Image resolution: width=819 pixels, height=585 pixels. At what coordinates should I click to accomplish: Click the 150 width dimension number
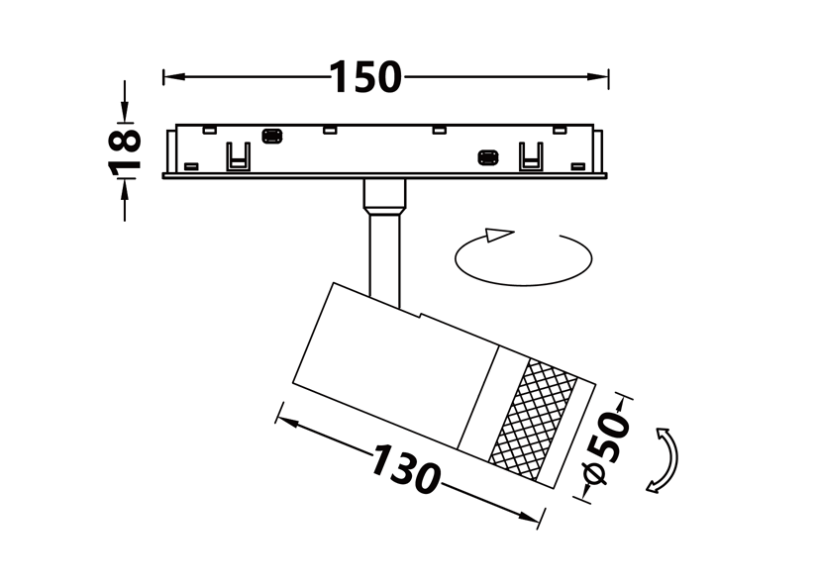[x=366, y=77]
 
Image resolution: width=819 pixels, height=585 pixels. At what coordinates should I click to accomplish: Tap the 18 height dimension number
[x=125, y=150]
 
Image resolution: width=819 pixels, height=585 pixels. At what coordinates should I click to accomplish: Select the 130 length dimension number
[x=406, y=469]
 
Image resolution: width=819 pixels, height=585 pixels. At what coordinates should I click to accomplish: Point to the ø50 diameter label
[x=606, y=447]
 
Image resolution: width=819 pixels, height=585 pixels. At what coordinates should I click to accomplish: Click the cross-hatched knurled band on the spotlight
[x=534, y=420]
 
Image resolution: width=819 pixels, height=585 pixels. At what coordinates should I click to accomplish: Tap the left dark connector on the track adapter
[x=271, y=137]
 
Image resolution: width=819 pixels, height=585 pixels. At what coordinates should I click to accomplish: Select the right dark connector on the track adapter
[x=488, y=157]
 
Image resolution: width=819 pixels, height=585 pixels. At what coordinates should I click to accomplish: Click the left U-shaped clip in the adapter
[x=238, y=156]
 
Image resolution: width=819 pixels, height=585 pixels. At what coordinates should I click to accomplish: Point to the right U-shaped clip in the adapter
[x=531, y=156]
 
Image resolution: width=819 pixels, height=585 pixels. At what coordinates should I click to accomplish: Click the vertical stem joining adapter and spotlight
[x=385, y=258]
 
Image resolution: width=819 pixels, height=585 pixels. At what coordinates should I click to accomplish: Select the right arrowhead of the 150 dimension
[x=597, y=77]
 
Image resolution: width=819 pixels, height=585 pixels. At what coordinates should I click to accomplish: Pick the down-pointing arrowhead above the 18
[x=125, y=112]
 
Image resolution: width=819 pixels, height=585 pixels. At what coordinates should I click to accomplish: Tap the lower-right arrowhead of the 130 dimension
[x=529, y=518]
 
